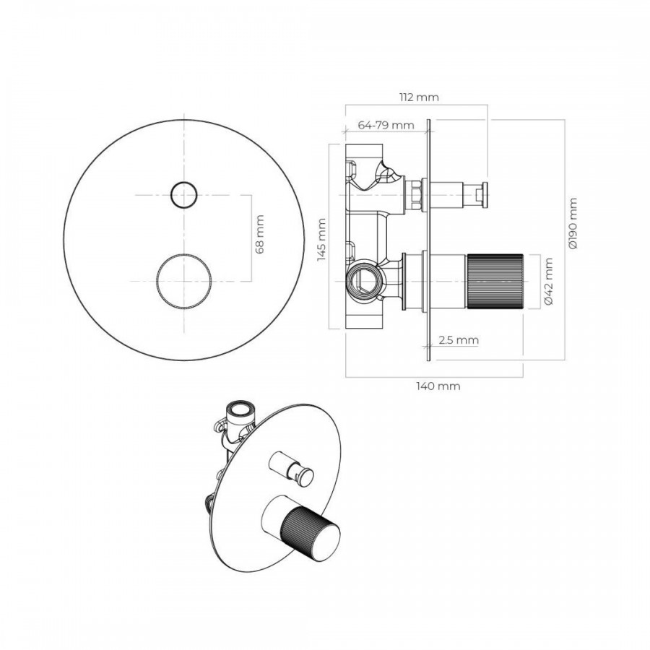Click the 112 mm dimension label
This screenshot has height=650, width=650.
pyautogui.click(x=419, y=97)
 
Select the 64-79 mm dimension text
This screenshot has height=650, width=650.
pyautogui.click(x=386, y=125)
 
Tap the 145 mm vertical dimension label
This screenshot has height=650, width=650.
pyautogui.click(x=321, y=240)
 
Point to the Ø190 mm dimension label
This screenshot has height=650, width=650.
pyautogui.click(x=573, y=223)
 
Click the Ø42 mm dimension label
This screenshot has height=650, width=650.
pyautogui.click(x=549, y=281)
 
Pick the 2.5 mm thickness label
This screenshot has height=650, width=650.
pyautogui.click(x=459, y=340)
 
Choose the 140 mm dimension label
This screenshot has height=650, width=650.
pyautogui.click(x=438, y=386)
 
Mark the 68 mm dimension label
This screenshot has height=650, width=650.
pyautogui.click(x=259, y=234)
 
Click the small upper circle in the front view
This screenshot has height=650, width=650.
pyautogui.click(x=183, y=195)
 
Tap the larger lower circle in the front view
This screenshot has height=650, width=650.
pyautogui.click(x=183, y=281)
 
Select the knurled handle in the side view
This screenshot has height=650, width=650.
pyautogui.click(x=495, y=281)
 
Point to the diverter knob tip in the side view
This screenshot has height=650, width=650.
pyautogui.click(x=482, y=195)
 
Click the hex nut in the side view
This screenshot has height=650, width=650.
pyautogui.click(x=416, y=195)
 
